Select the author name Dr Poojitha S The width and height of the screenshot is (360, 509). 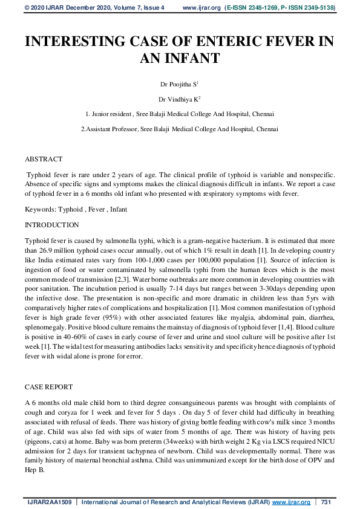(x=179, y=85)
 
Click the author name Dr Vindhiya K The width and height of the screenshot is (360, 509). (x=179, y=99)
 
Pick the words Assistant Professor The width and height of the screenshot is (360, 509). (x=114, y=129)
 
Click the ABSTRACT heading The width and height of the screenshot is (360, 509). (x=43, y=159)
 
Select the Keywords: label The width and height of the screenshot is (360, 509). (x=41, y=209)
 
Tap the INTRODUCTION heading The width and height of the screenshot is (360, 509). (x=51, y=225)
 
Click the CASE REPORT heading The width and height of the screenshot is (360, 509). (x=48, y=386)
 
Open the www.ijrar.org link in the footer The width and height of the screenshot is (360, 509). (x=291, y=502)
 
